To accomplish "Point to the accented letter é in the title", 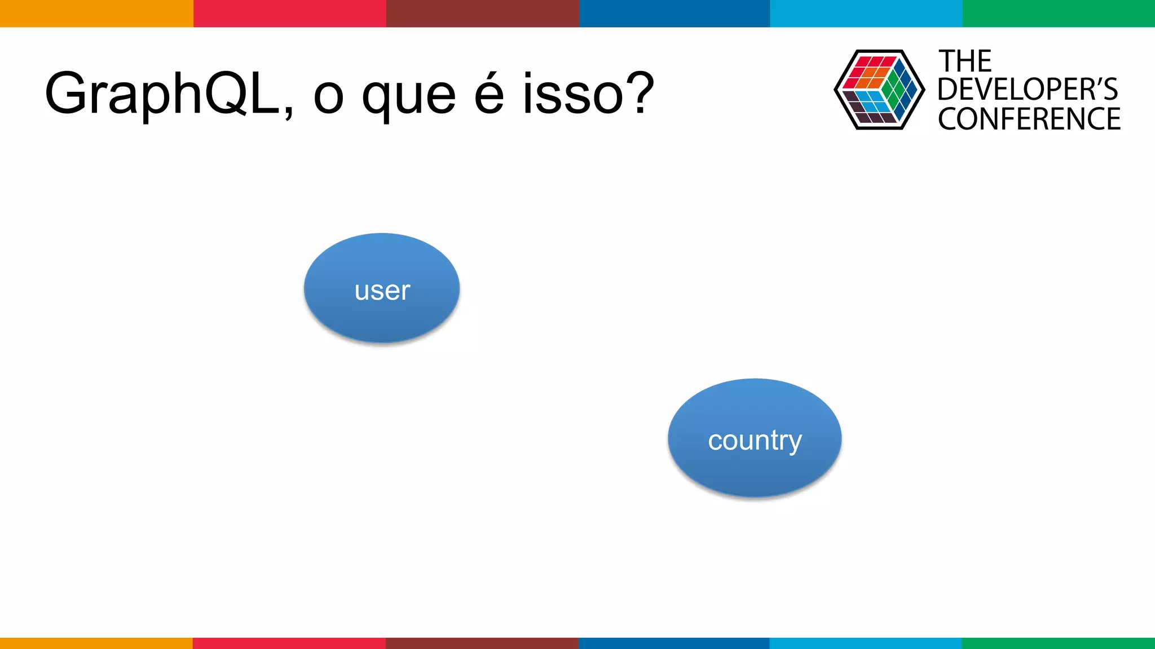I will (x=489, y=93).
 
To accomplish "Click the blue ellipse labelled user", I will (x=382, y=288).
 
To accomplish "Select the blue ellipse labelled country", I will (x=755, y=438).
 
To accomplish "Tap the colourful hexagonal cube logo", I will (x=879, y=90).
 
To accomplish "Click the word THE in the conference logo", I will (x=965, y=61).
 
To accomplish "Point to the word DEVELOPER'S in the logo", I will (x=1028, y=90).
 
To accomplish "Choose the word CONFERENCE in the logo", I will (x=1029, y=119).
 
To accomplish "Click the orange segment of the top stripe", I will (x=96, y=13).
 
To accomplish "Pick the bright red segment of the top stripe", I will (x=289, y=13).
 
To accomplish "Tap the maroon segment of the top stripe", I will (x=482, y=13).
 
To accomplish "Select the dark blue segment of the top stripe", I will (x=675, y=13).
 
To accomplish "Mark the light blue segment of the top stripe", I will (x=866, y=13).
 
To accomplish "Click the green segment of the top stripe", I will (x=1059, y=13).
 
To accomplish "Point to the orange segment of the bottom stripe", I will (x=96, y=643).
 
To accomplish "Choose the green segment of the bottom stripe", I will (x=1059, y=643).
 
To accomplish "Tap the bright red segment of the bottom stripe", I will (x=289, y=643).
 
